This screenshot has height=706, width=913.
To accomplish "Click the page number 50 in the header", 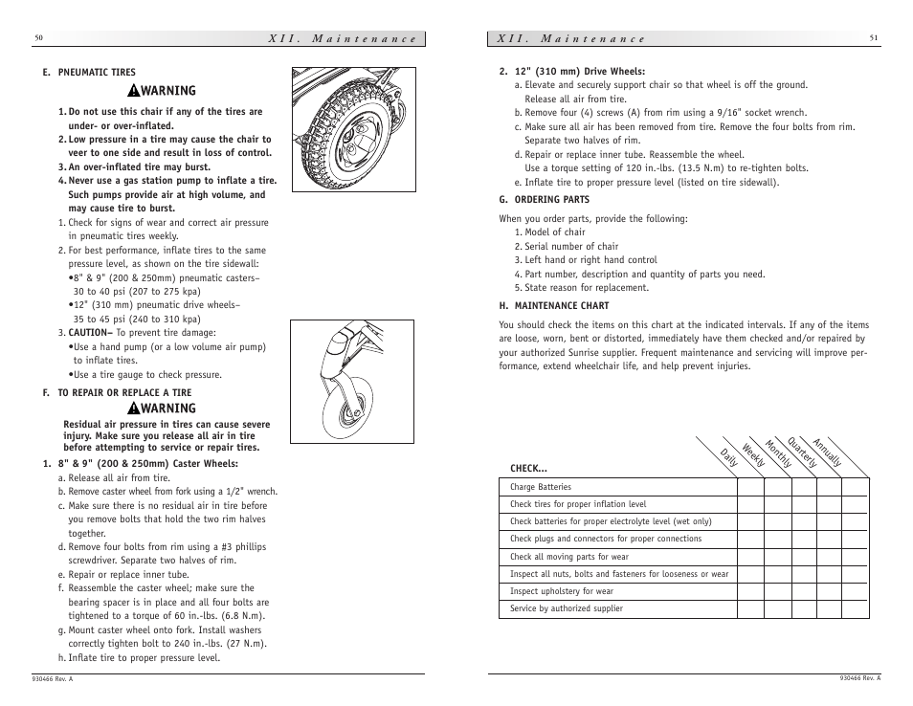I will click(x=38, y=38).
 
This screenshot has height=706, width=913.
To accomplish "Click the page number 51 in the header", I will click(x=874, y=38).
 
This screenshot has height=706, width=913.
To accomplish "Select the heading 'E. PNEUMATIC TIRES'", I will click(x=89, y=72).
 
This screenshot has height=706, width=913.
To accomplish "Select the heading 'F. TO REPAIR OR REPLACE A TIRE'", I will click(x=117, y=392).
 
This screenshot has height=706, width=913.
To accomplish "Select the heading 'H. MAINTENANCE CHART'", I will click(x=554, y=307).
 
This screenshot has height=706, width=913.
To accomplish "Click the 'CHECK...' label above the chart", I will click(x=528, y=469).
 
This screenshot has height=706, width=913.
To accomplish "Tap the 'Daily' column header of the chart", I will click(x=729, y=458).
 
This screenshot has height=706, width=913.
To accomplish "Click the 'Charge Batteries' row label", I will click(x=541, y=487).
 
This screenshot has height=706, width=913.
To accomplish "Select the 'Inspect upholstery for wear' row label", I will click(x=562, y=591).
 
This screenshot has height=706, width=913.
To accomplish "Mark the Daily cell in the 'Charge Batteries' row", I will click(x=750, y=487).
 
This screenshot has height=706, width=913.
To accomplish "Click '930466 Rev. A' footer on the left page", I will click(x=54, y=678).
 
